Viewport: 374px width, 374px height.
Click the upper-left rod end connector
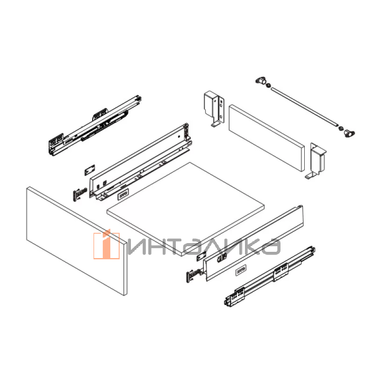point(261,81)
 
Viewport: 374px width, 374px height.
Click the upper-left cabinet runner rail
point(93,125)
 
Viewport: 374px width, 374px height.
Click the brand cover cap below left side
point(122,194)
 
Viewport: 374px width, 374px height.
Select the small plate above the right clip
point(203,256)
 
